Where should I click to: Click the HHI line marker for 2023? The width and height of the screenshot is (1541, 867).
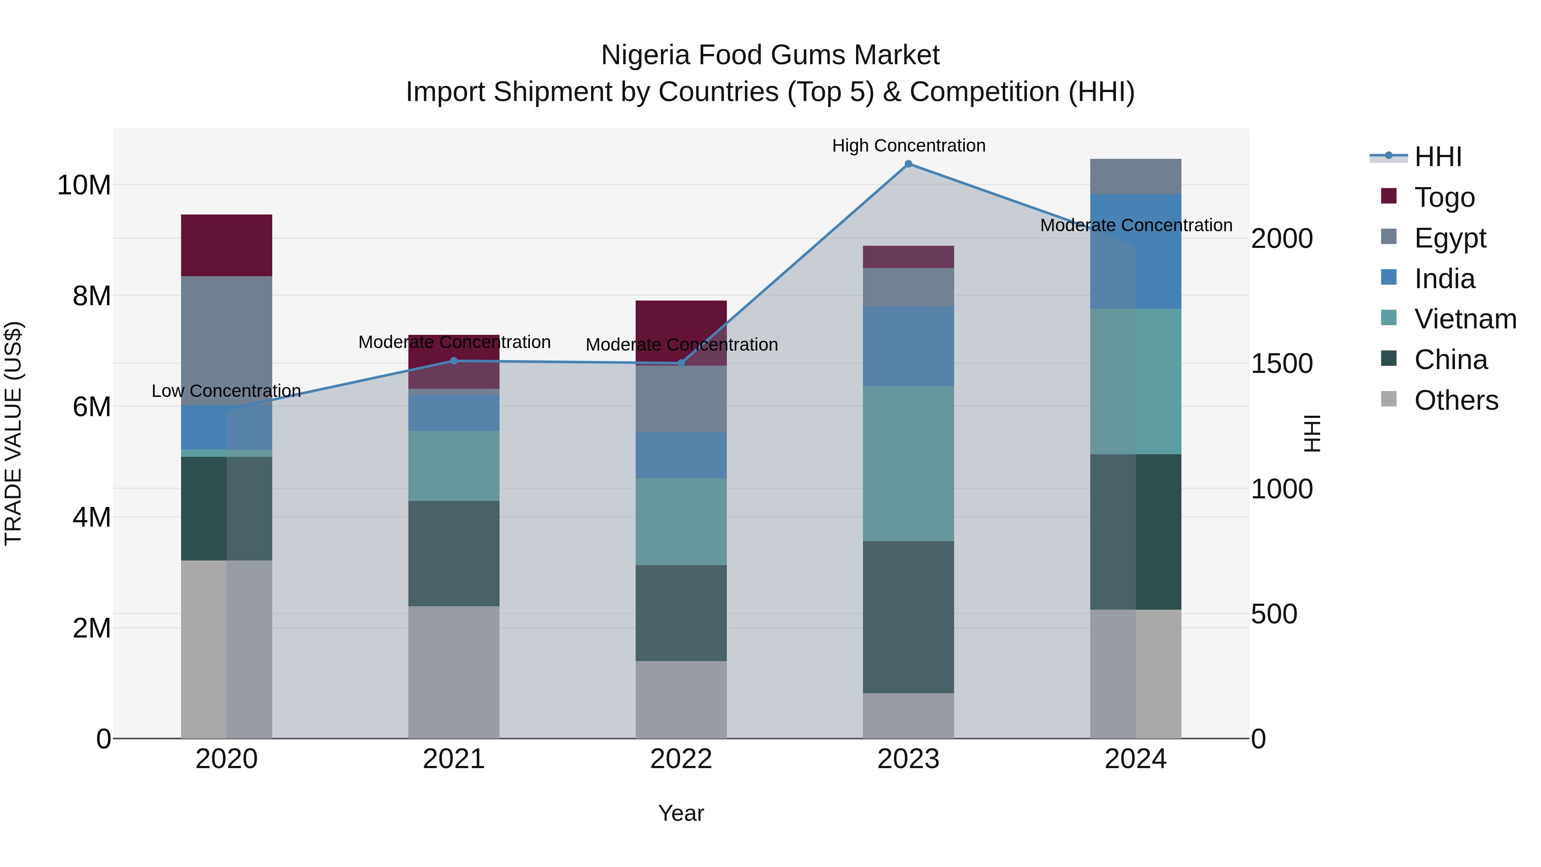pyautogui.click(x=908, y=164)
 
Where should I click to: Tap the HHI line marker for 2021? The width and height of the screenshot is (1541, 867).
pyautogui.click(x=453, y=361)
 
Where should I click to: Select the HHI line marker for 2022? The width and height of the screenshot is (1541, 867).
pyautogui.click(x=681, y=363)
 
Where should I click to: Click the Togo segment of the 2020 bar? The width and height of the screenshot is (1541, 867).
pyautogui.click(x=226, y=245)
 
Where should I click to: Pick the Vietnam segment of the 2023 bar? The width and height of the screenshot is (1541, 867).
pyautogui.click(x=908, y=464)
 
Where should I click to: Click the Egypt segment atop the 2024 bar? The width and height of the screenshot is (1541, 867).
pyautogui.click(x=1135, y=176)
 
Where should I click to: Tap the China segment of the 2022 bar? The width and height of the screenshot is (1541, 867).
pyautogui.click(x=681, y=613)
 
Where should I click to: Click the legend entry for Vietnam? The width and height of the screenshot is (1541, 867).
pyautogui.click(x=1464, y=319)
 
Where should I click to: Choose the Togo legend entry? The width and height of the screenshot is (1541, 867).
pyautogui.click(x=1444, y=197)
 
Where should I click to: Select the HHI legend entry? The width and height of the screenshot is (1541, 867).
pyautogui.click(x=1437, y=157)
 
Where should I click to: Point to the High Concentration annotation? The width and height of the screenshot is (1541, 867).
pyautogui.click(x=908, y=146)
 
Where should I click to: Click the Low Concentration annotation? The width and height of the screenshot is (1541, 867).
pyautogui.click(x=226, y=391)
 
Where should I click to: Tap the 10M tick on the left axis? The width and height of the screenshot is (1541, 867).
pyautogui.click(x=84, y=185)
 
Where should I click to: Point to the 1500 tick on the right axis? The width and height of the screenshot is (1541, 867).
pyautogui.click(x=1281, y=364)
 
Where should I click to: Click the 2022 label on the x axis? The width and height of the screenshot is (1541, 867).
pyautogui.click(x=681, y=759)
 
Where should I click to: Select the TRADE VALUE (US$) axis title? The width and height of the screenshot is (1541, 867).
pyautogui.click(x=13, y=433)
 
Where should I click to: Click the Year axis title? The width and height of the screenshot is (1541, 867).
pyautogui.click(x=681, y=813)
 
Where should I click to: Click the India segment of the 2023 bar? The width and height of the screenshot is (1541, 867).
pyautogui.click(x=908, y=346)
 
